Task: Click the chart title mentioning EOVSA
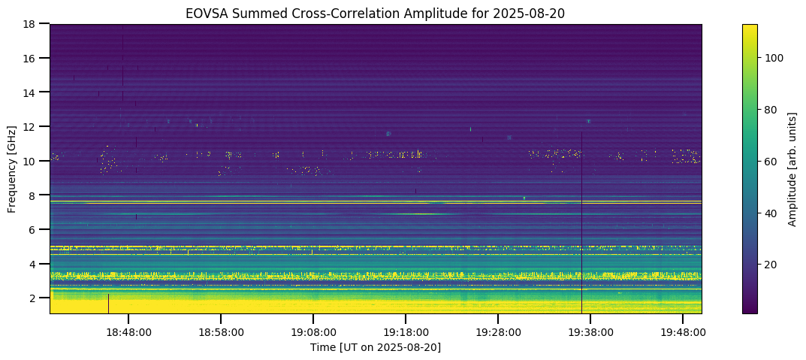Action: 375,12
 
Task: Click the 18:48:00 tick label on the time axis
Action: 128,331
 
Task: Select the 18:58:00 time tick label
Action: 221,331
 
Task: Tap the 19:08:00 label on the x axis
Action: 313,331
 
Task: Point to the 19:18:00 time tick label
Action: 406,331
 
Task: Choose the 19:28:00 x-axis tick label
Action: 498,331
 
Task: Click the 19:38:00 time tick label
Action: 590,331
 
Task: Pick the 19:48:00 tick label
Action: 683,331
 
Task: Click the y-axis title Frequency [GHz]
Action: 12,169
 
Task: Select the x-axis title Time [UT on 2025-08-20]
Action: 375,347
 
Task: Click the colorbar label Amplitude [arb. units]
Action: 792,169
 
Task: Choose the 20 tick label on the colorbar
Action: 772,265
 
